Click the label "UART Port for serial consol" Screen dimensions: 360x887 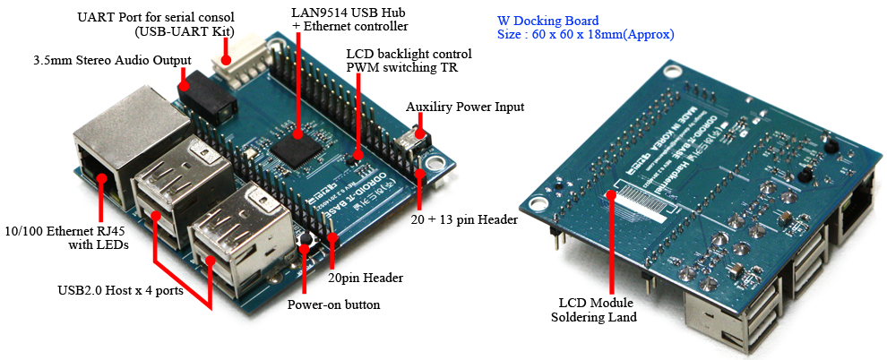155,17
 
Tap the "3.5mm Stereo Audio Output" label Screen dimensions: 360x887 111,60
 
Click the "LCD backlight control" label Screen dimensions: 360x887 409,54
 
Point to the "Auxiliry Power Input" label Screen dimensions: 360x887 465,107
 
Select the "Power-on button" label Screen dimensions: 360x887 333,304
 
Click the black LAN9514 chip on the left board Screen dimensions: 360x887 297,144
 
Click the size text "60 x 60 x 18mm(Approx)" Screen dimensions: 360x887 585,35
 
